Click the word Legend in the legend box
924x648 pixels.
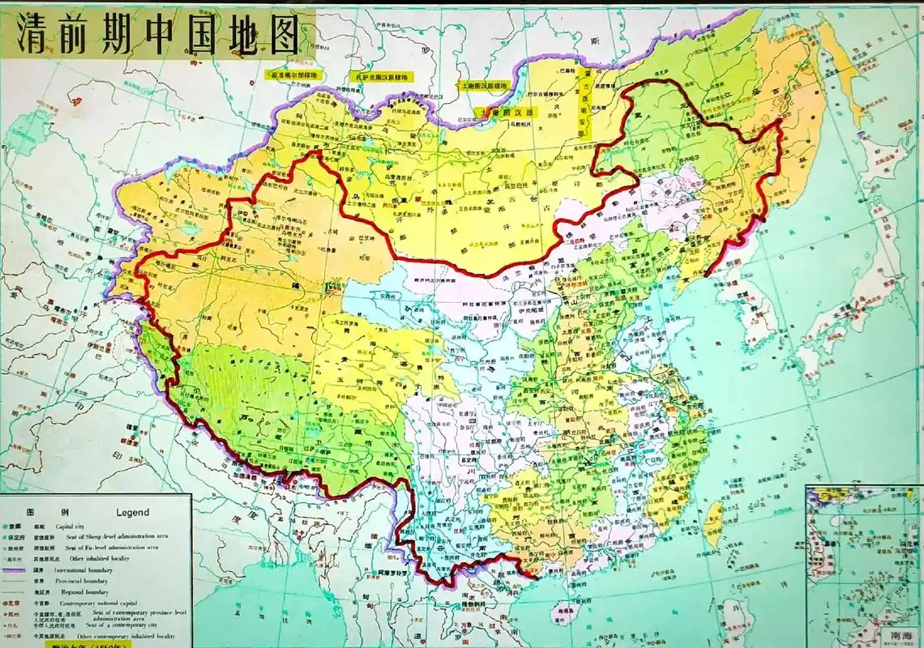(132, 512)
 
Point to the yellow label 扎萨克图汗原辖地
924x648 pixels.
(382, 76)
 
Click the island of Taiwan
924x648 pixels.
(712, 523)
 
